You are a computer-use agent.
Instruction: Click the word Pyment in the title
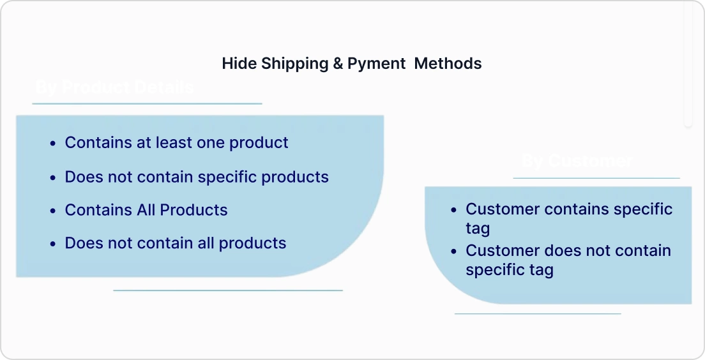[x=376, y=64]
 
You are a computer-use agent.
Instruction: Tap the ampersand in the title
[x=338, y=64]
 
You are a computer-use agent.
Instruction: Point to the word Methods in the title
[x=448, y=64]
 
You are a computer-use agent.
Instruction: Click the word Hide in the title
[x=239, y=64]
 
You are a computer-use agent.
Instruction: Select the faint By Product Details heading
[x=114, y=87]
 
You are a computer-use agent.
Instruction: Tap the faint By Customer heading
[x=577, y=161]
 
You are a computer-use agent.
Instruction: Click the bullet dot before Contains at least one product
[x=53, y=144]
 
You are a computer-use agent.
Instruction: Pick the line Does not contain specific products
[x=197, y=177]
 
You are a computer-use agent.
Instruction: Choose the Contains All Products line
[x=146, y=210]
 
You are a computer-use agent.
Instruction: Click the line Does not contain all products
[x=176, y=243]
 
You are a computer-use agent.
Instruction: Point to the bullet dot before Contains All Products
[x=53, y=211]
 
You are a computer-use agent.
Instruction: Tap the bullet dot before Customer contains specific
[x=453, y=210]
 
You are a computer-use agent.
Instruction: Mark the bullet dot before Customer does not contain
[x=453, y=251]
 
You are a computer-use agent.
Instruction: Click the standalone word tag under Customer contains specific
[x=478, y=229]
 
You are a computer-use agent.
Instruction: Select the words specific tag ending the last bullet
[x=509, y=270]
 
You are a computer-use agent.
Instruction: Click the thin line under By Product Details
[x=147, y=103]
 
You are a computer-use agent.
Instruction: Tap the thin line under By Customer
[x=596, y=178]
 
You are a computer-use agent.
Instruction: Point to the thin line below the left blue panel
[x=228, y=290]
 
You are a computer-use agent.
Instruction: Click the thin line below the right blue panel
[x=537, y=313]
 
